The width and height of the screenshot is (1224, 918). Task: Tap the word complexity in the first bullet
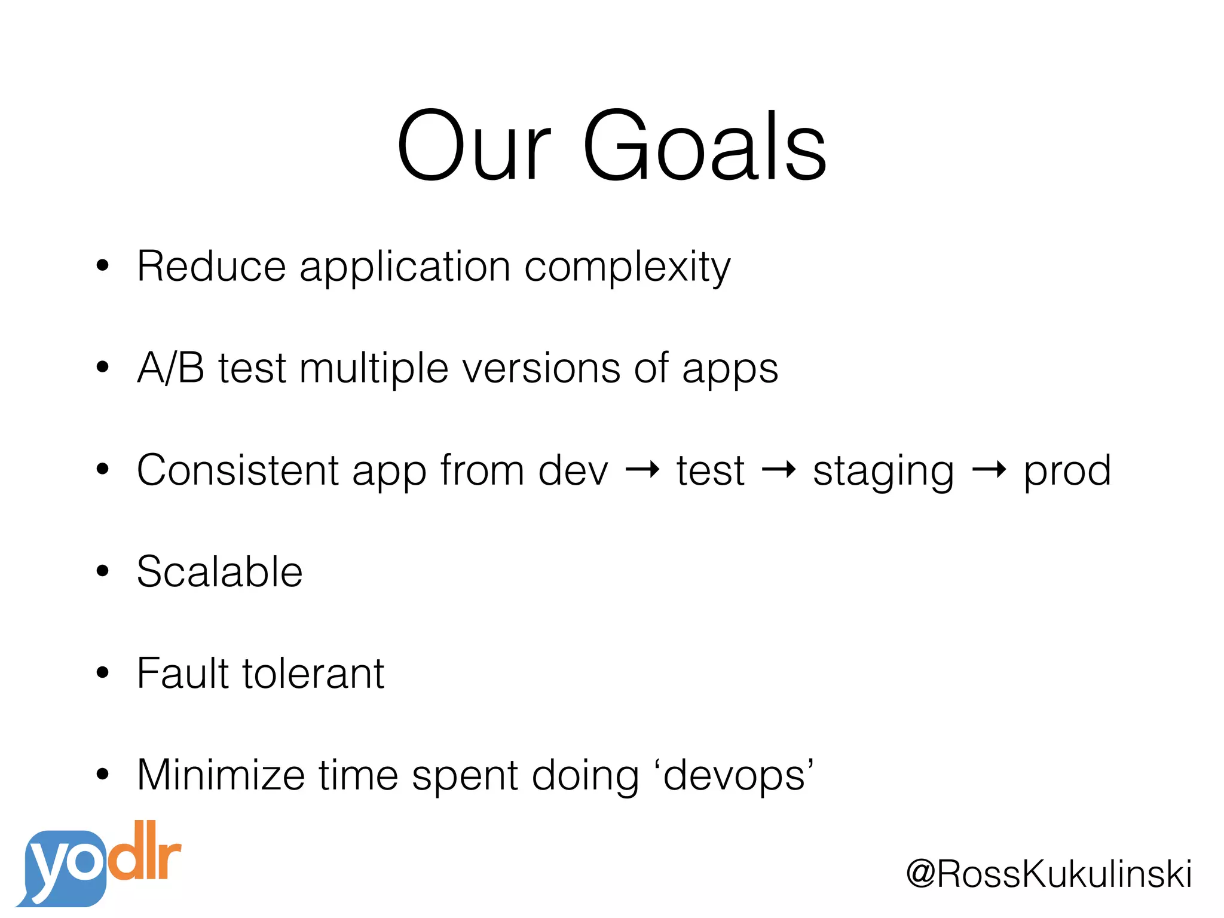(627, 267)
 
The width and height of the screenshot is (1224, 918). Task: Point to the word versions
(541, 368)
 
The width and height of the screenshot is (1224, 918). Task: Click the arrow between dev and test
(642, 470)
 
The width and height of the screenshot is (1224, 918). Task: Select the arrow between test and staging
(779, 470)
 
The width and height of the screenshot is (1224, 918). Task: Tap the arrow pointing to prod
(989, 470)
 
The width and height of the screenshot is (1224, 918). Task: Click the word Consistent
(237, 470)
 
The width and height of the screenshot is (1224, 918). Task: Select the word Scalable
(220, 572)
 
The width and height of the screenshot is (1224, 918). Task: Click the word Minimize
(221, 775)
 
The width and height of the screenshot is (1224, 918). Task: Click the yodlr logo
(99, 864)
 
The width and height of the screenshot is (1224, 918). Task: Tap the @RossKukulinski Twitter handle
(1049, 874)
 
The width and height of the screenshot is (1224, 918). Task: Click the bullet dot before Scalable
(103, 571)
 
